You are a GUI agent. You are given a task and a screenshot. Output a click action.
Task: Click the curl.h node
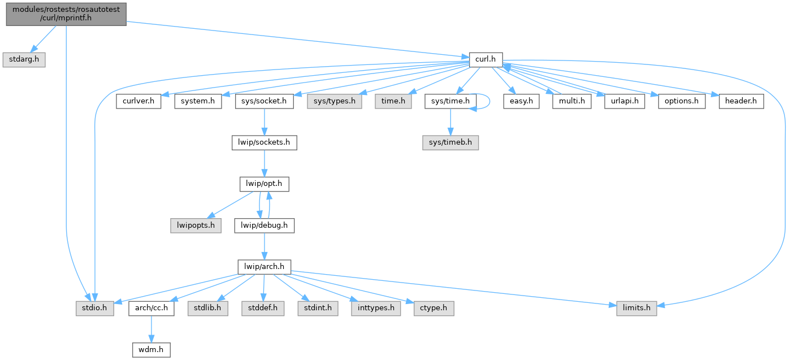[x=485, y=59]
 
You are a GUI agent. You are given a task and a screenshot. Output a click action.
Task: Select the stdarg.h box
[x=23, y=59]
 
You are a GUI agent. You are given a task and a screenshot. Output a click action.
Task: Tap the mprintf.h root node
[x=66, y=13]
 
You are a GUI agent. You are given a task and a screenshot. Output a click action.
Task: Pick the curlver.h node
[x=139, y=102]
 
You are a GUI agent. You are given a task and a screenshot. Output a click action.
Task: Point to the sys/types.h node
[x=334, y=102]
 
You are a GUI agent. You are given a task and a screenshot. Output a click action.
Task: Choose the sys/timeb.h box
[x=450, y=142]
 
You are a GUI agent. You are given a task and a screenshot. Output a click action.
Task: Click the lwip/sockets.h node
[x=265, y=142]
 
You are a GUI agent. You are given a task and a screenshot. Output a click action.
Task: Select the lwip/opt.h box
[x=265, y=184]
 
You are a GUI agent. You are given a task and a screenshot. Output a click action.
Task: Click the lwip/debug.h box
[x=265, y=225]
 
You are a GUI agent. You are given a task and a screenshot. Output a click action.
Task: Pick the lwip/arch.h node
[x=265, y=266]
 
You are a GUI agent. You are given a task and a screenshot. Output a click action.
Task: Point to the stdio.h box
[x=95, y=309]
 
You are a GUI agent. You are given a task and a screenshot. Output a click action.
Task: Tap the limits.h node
[x=636, y=309]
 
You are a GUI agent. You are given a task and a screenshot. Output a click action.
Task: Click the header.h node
[x=741, y=102]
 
